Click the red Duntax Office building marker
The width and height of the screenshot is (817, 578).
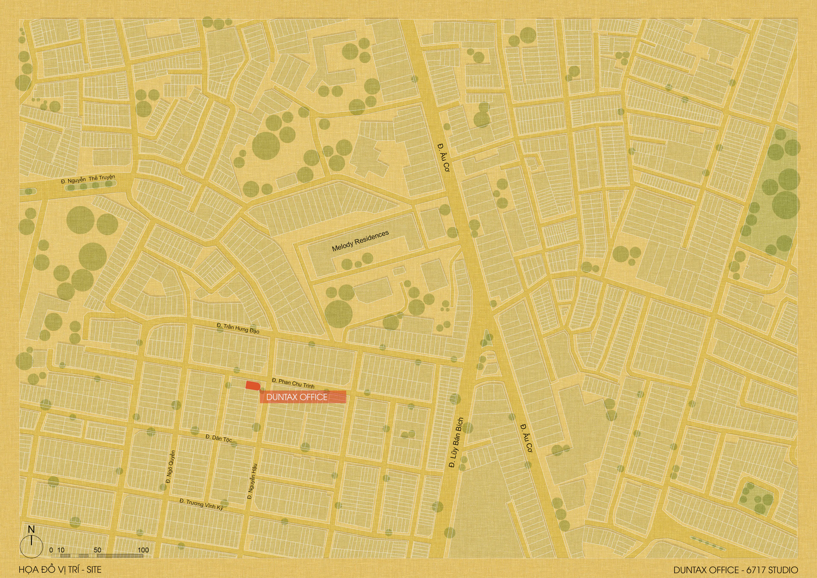253,385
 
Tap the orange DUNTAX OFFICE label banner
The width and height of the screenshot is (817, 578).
303,397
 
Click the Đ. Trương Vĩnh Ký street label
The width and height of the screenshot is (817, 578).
201,504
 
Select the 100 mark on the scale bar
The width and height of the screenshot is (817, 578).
143,550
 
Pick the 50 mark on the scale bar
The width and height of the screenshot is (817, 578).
97,550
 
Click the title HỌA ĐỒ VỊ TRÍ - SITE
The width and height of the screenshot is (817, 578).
60,569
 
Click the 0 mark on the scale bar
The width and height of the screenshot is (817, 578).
51,550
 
